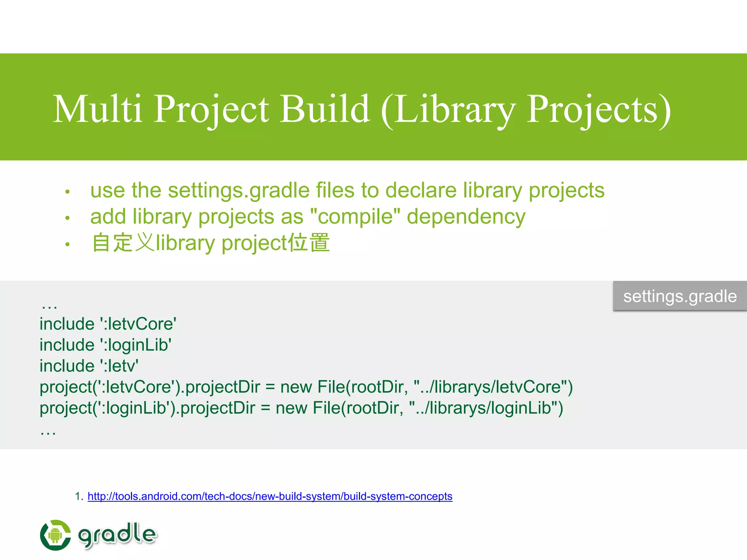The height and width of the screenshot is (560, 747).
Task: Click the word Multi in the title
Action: click(97, 109)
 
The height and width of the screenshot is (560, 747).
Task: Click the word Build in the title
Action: click(325, 109)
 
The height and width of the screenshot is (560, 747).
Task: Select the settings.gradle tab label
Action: click(680, 296)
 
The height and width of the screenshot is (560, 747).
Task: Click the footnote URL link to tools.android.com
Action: click(270, 496)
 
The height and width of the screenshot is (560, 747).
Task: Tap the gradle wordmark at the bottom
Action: click(117, 534)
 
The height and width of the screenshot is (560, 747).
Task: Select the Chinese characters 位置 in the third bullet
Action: click(309, 243)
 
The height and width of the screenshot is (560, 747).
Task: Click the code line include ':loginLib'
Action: click(105, 345)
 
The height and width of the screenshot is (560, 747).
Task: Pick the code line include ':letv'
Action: click(89, 366)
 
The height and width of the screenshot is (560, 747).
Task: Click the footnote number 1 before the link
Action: click(78, 496)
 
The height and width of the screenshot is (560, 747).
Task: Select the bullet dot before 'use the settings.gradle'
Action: click(67, 192)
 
